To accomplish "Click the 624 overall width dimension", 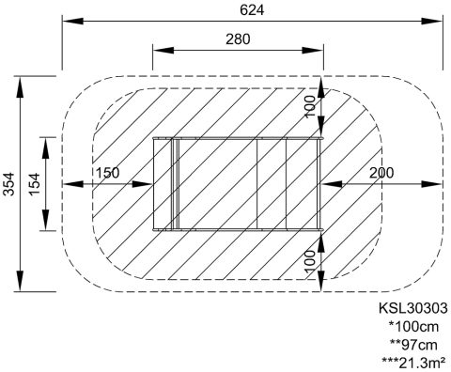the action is coord(252,10).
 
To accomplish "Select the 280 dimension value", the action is coord(238,39).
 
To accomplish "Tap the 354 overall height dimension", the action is coord(9,184).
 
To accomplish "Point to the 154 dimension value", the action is coord(35,184).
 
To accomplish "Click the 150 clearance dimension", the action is coord(107,173).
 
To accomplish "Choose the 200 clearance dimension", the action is coord(381,173).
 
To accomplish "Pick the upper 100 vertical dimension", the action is coord(310,106).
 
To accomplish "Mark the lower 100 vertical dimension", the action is coord(310,261).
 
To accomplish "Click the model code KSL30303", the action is coord(413,308).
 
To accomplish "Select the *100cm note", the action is coord(413,327).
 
